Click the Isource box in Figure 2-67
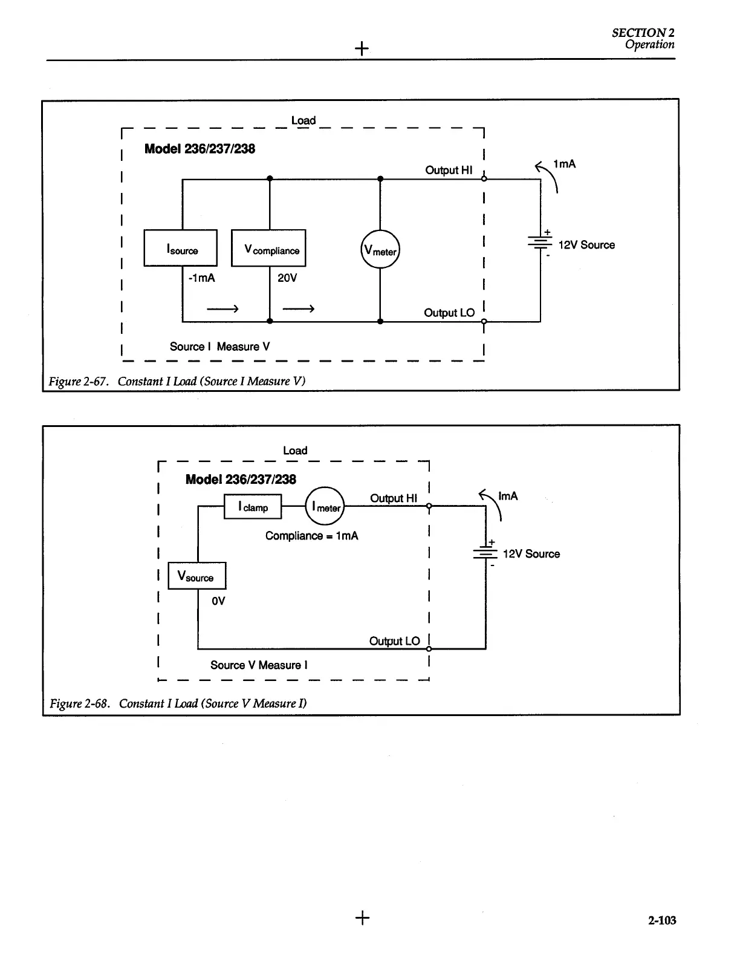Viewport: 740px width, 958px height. pos(180,248)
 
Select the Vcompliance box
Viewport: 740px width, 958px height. pos(268,248)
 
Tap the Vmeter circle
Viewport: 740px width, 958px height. pos(380,249)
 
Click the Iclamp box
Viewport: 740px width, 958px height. pos(253,507)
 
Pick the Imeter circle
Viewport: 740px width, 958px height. pos(325,507)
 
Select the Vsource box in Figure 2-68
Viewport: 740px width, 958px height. pos(196,576)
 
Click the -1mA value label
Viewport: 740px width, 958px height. pos(201,278)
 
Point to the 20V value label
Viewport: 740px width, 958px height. pos(287,278)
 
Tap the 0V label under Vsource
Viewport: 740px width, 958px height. pos(218,601)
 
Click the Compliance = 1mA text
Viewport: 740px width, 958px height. pos(311,536)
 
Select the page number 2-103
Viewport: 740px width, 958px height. pos(662,921)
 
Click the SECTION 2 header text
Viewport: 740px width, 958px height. pos(643,33)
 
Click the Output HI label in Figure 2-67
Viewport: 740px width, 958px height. pos(449,171)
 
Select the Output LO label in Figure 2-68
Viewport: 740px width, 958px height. pos(394,641)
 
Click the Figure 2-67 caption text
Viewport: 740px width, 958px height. pos(177,381)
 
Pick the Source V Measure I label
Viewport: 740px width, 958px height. pos(259,665)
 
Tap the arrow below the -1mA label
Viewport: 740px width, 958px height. pos(222,309)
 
